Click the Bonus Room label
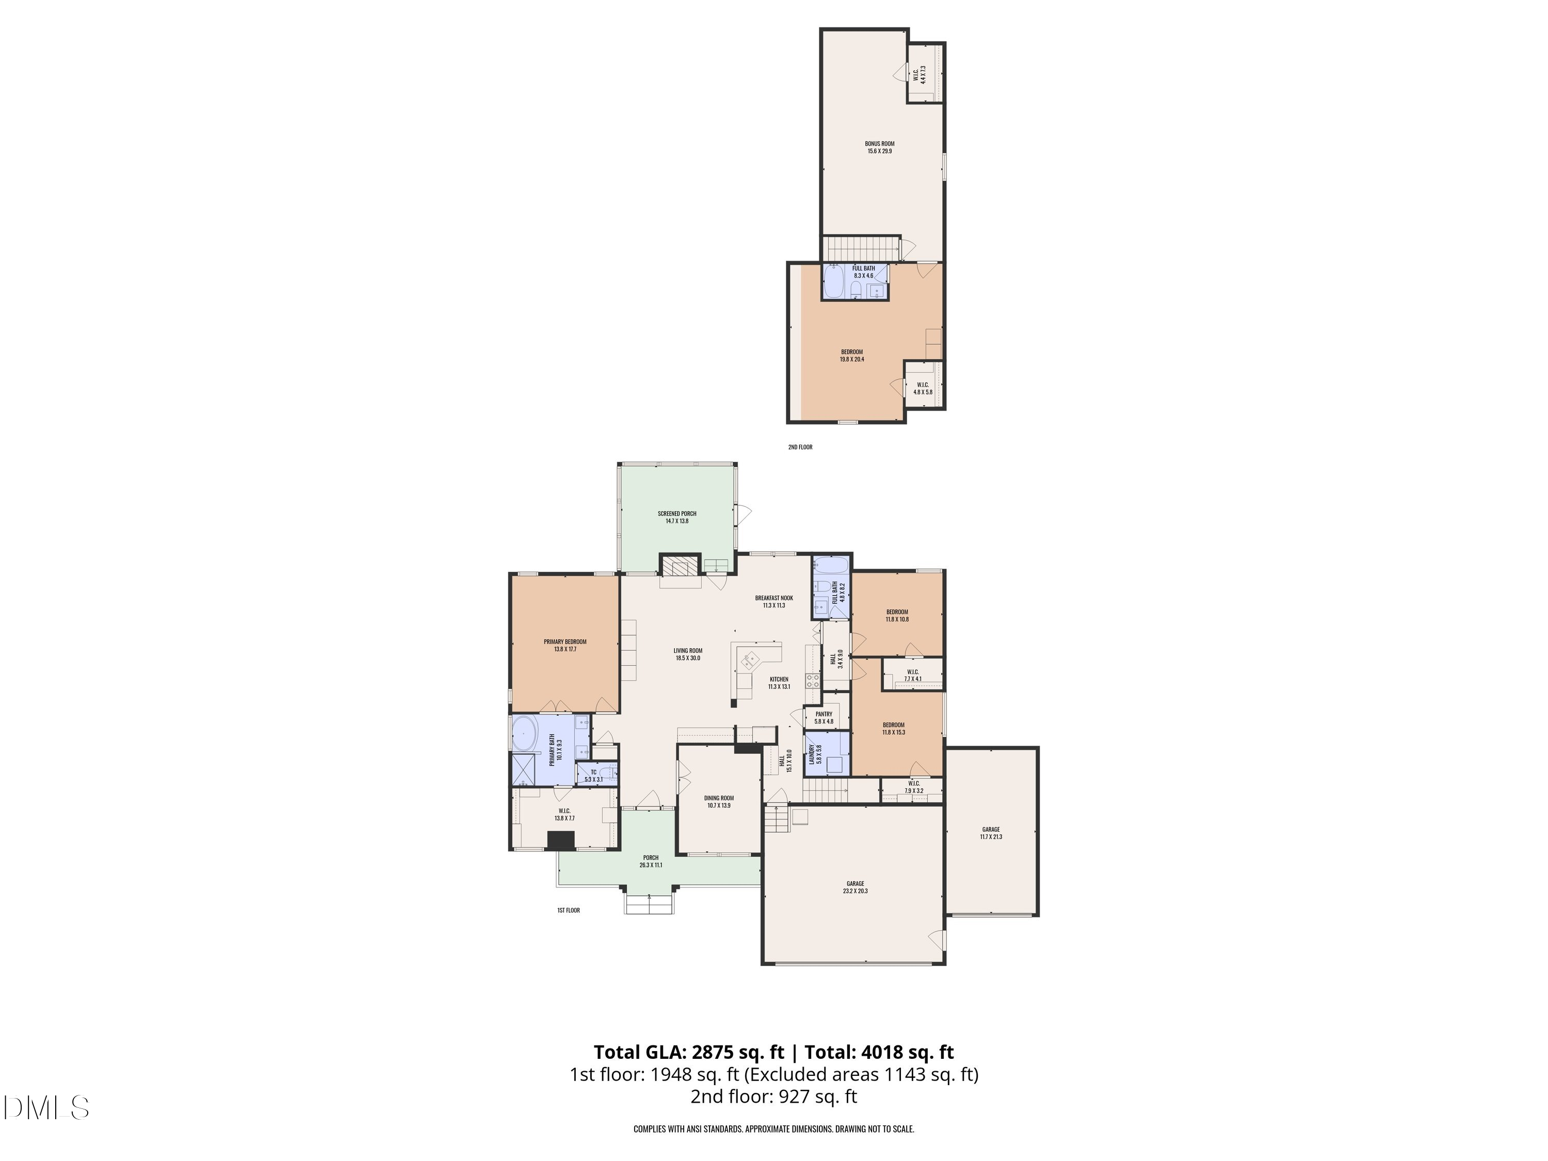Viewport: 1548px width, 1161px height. [879, 147]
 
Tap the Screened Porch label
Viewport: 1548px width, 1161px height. [676, 517]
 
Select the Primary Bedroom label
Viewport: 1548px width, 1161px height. [565, 645]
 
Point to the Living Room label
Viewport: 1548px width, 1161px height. [688, 654]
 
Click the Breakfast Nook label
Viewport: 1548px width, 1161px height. [774, 601]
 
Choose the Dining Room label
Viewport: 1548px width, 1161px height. [719, 801]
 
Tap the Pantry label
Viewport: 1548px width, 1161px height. [824, 717]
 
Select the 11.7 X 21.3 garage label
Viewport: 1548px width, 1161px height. [990, 833]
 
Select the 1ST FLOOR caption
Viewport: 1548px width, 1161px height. [568, 910]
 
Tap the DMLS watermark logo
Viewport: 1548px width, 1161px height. [46, 1108]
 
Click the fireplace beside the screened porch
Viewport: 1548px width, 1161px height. [680, 566]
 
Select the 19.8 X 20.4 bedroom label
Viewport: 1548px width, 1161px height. [852, 356]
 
